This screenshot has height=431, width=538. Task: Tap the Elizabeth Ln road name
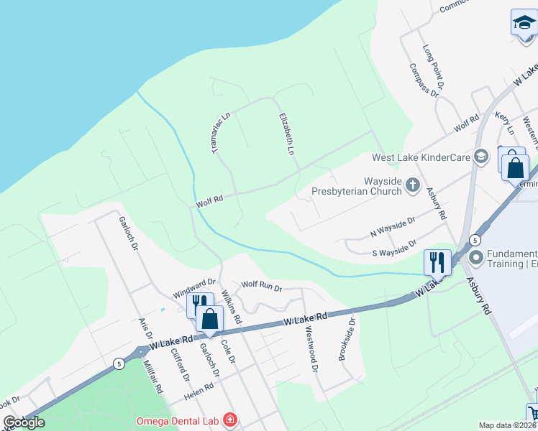tap(287, 134)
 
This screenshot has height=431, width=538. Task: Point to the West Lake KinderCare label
tap(420, 157)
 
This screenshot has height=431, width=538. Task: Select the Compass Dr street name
tap(423, 79)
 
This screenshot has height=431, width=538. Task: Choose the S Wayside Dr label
tap(395, 249)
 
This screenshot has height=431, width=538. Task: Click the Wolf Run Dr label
tap(261, 285)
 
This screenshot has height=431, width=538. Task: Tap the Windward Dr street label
tap(193, 288)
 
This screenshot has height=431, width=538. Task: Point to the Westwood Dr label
tap(311, 351)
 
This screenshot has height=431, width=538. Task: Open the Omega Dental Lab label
tap(180, 420)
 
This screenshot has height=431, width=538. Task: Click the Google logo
tap(24, 422)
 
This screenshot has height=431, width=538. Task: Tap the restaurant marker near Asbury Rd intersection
tap(437, 262)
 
